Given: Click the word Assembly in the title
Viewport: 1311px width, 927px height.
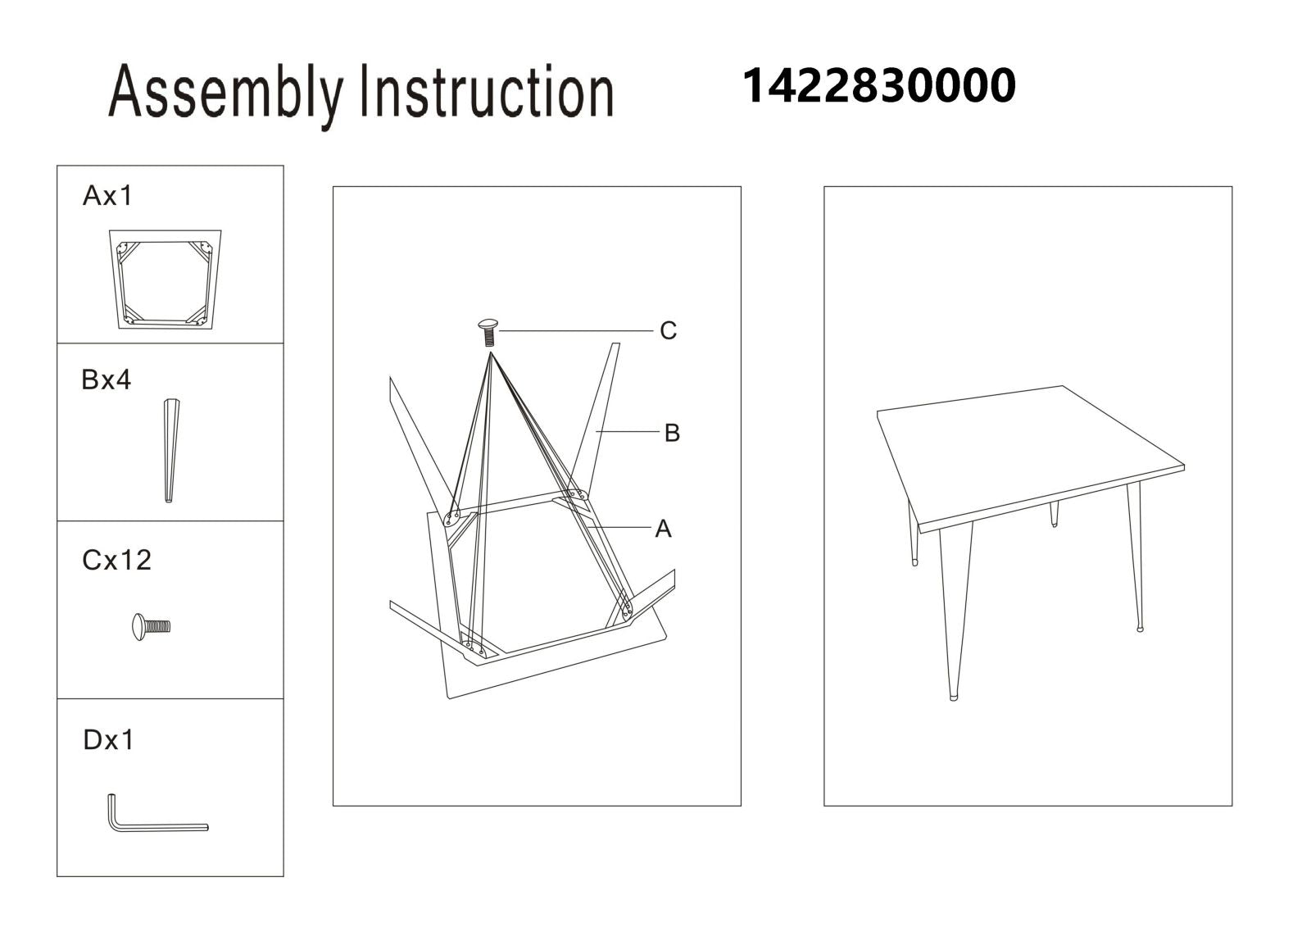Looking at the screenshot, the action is [226, 96].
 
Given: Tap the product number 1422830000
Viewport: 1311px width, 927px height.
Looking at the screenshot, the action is [878, 85].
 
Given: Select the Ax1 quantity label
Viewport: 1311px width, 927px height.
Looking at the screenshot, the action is [107, 195].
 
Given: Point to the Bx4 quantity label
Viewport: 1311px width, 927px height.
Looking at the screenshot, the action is [106, 379].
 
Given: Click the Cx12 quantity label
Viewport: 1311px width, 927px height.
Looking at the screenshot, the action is [116, 560].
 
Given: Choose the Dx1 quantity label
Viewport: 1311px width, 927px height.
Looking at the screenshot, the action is [108, 739].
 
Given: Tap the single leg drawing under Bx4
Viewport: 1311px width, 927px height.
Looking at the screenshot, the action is [171, 451].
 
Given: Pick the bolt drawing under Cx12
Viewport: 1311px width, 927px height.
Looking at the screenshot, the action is [151, 626].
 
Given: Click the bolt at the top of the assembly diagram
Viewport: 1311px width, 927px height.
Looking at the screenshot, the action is [488, 333].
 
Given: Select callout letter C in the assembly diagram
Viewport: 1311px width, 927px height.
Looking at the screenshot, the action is [668, 331].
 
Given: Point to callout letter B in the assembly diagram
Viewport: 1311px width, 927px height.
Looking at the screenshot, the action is [672, 434].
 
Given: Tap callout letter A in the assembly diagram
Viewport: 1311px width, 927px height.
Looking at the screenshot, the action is [663, 529].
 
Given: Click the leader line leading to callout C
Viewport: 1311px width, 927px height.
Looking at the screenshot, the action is [576, 331].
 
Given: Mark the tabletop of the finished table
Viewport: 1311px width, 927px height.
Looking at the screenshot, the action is [1030, 459].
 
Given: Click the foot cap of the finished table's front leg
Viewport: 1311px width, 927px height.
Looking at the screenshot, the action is [954, 698].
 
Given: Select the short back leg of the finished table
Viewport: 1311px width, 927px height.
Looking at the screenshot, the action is [1054, 514].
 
